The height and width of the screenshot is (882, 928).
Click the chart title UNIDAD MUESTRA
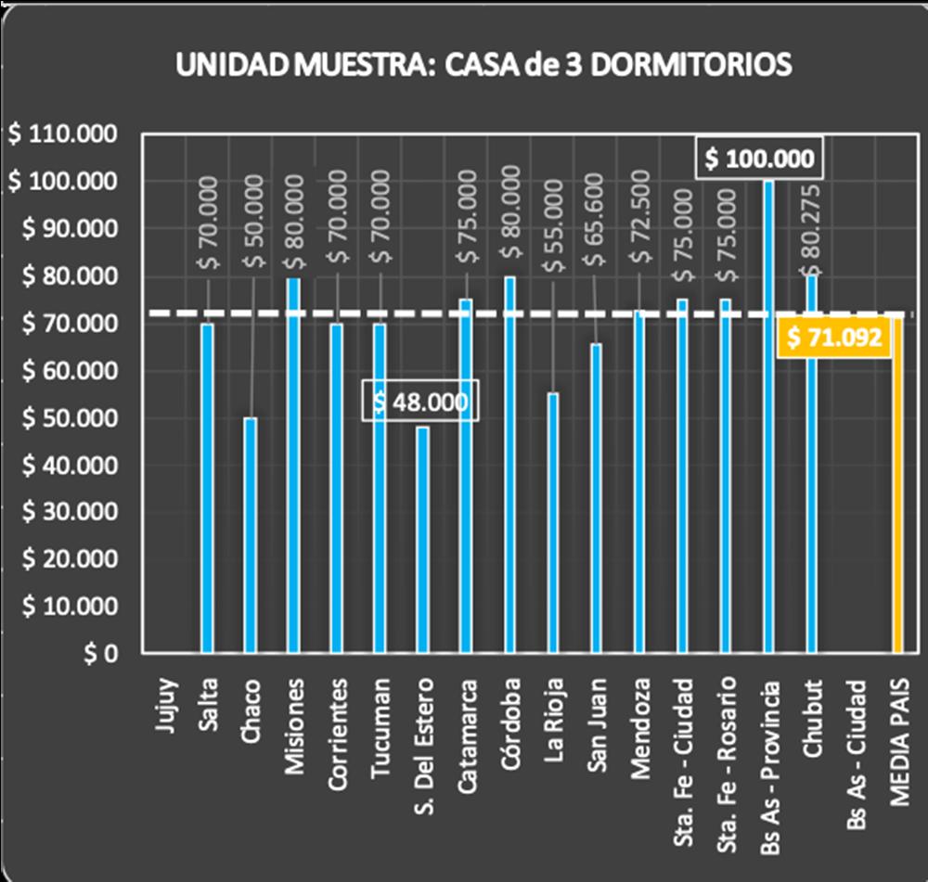483,65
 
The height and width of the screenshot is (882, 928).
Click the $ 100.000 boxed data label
758,160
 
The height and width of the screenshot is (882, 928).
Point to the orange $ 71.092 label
834,339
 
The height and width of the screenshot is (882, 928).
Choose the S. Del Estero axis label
422,733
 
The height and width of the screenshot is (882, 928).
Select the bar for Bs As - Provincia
768,417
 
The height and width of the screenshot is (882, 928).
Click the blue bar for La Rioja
553,523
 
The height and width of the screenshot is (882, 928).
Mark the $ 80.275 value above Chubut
811,223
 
